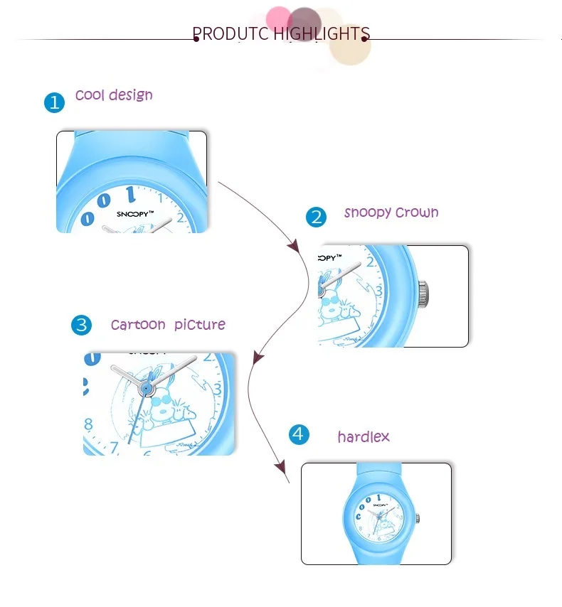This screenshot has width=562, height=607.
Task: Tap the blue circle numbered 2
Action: (x=316, y=217)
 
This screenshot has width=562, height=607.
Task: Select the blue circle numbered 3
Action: (x=82, y=326)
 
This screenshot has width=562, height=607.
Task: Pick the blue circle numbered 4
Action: (x=299, y=434)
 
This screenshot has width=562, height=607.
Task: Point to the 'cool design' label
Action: (x=114, y=95)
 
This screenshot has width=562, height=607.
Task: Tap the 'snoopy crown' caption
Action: (x=391, y=213)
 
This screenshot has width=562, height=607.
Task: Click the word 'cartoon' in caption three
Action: (x=138, y=325)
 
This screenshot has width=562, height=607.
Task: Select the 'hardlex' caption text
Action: (x=364, y=436)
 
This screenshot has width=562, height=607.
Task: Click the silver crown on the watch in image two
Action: (x=423, y=292)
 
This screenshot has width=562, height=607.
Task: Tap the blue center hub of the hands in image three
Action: (x=147, y=388)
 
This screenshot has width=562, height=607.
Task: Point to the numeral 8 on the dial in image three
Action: (x=89, y=426)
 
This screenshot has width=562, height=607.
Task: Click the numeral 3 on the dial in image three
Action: (x=218, y=390)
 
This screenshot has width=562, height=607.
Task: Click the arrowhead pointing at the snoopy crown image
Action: (x=293, y=246)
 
